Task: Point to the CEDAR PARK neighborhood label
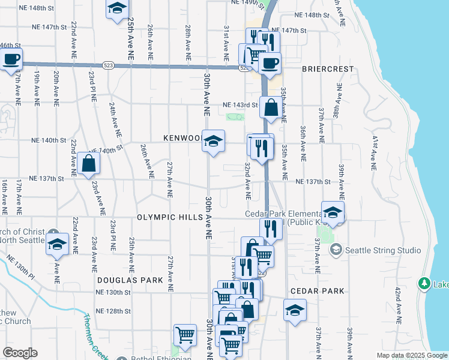(317, 291)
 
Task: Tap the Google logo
(20, 353)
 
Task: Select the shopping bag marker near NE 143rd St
(271, 108)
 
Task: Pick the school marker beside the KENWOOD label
(213, 141)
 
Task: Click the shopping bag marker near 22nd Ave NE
(88, 163)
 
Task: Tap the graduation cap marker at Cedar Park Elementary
(333, 212)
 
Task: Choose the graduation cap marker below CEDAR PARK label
(294, 311)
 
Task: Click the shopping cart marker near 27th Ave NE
(185, 335)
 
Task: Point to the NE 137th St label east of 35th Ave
(313, 182)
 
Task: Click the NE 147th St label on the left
(50, 28)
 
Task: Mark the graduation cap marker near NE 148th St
(117, 8)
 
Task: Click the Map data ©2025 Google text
(411, 355)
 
